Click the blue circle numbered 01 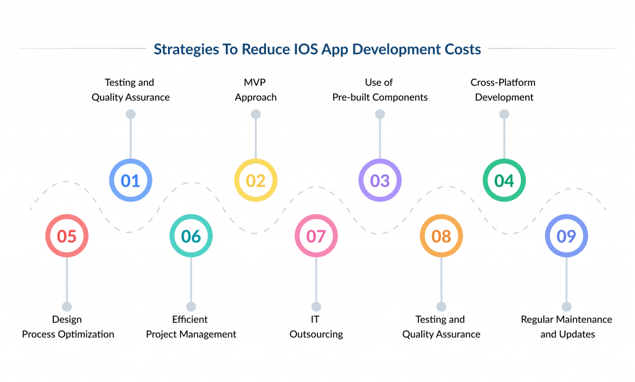click(130, 181)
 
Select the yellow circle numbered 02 click(255, 181)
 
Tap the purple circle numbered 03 click(380, 181)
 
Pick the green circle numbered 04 click(504, 181)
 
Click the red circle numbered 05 click(66, 236)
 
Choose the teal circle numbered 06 click(191, 236)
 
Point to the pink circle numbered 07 click(316, 236)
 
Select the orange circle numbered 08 click(441, 236)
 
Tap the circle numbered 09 click(566, 236)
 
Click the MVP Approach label click(255, 89)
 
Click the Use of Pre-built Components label click(380, 89)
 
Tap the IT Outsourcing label click(316, 327)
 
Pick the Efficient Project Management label click(191, 327)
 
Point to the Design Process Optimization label click(68, 327)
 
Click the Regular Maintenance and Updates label click(567, 327)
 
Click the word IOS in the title click(306, 50)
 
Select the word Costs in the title click(463, 50)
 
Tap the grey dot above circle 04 click(504, 114)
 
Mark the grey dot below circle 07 click(316, 307)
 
